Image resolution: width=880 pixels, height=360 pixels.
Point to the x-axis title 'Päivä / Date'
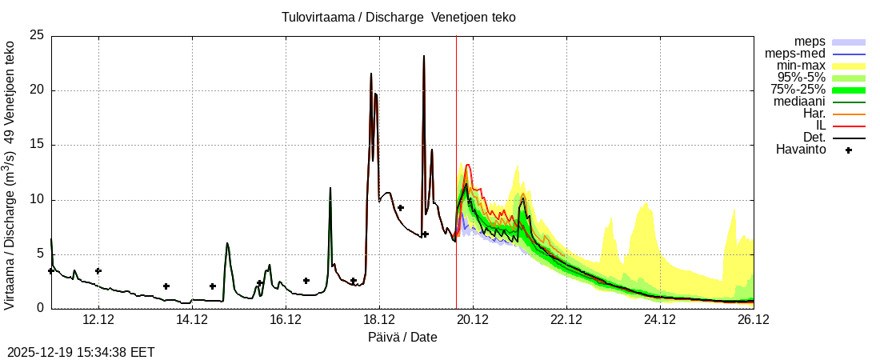pyautogui.click(x=402, y=337)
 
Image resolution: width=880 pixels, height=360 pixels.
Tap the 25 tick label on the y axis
pyautogui.click(x=36, y=36)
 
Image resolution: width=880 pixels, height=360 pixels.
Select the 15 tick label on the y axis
pyautogui.click(x=36, y=145)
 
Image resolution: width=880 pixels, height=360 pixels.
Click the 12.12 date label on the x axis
pyautogui.click(x=98, y=320)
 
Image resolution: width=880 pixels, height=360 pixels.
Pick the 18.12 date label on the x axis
pyautogui.click(x=379, y=320)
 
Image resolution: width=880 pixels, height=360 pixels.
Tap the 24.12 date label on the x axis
pyautogui.click(x=660, y=320)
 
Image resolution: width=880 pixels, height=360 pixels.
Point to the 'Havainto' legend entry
pyautogui.click(x=801, y=150)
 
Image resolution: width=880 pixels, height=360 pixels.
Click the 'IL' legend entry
pyautogui.click(x=820, y=126)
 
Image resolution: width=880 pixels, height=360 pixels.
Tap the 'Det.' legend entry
pyautogui.click(x=814, y=138)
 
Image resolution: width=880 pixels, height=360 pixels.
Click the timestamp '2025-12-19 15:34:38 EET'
pyautogui.click(x=81, y=352)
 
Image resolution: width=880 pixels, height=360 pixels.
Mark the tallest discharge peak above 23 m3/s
pyautogui.click(x=424, y=56)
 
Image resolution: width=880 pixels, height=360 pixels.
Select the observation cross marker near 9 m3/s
pyautogui.click(x=401, y=208)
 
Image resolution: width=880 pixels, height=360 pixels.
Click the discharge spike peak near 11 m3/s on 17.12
pyautogui.click(x=330, y=188)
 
